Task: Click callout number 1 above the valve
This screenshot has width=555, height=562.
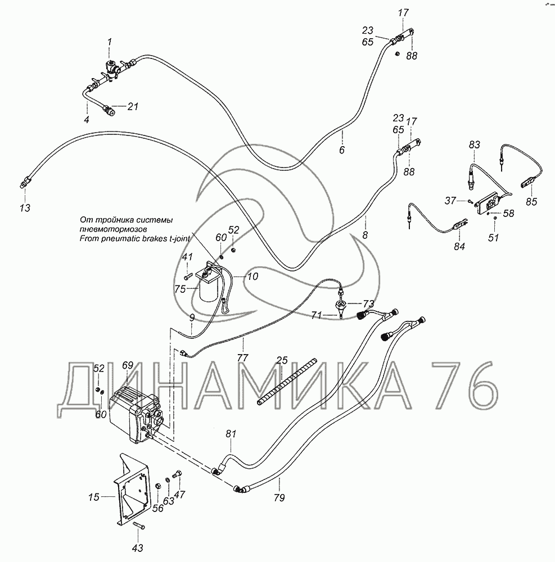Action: tap(110, 42)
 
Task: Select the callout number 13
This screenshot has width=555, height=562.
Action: tap(25, 208)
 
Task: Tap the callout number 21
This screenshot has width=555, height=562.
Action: tap(133, 106)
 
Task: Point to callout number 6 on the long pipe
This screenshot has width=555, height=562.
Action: tap(342, 150)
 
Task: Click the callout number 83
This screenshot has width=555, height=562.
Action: tap(475, 145)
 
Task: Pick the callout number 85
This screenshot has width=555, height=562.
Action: tap(531, 202)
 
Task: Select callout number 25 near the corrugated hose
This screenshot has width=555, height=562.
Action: tap(282, 360)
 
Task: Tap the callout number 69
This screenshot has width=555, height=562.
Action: tap(128, 365)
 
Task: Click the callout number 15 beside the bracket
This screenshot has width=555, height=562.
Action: tap(94, 497)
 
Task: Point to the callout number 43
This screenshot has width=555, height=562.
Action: tap(138, 548)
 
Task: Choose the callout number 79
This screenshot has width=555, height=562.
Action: tap(279, 498)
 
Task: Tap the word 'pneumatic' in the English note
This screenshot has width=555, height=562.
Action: tap(115, 239)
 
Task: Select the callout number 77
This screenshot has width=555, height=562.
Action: tap(243, 357)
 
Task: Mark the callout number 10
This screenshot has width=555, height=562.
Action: tap(253, 277)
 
